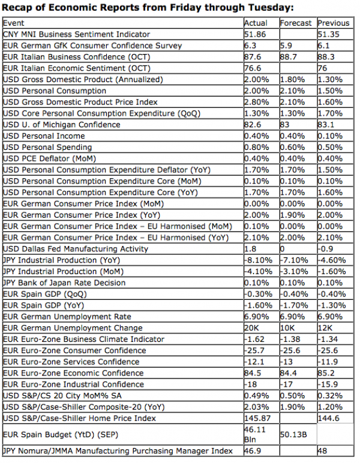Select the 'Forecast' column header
[296, 23]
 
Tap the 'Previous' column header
[334, 23]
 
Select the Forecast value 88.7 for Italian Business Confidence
[290, 57]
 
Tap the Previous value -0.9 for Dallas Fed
[326, 249]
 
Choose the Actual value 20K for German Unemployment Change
[252, 328]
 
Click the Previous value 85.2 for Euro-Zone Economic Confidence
[327, 373]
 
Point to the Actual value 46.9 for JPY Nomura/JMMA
[253, 451]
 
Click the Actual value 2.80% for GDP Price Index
[257, 102]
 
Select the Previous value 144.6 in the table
[329, 418]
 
